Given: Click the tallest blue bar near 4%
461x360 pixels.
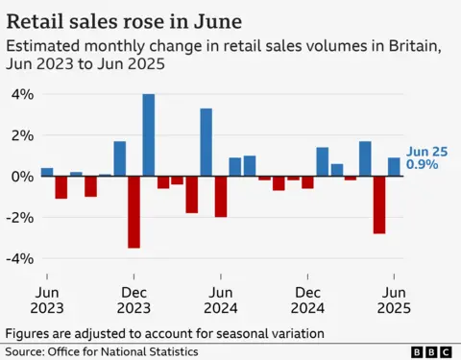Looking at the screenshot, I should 149,134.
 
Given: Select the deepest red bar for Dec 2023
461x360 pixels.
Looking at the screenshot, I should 133,212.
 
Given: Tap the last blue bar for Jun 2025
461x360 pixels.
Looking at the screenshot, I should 394,167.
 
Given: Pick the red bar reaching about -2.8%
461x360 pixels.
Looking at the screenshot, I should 379,204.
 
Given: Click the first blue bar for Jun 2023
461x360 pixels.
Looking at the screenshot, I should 47,172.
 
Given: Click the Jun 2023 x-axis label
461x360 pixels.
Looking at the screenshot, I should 47,300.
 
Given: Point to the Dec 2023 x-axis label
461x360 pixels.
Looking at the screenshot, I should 134,300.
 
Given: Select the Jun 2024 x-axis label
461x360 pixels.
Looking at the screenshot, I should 221,300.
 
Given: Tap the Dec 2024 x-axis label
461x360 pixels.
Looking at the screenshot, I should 308,300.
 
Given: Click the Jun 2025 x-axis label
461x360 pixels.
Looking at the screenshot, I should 394,300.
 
